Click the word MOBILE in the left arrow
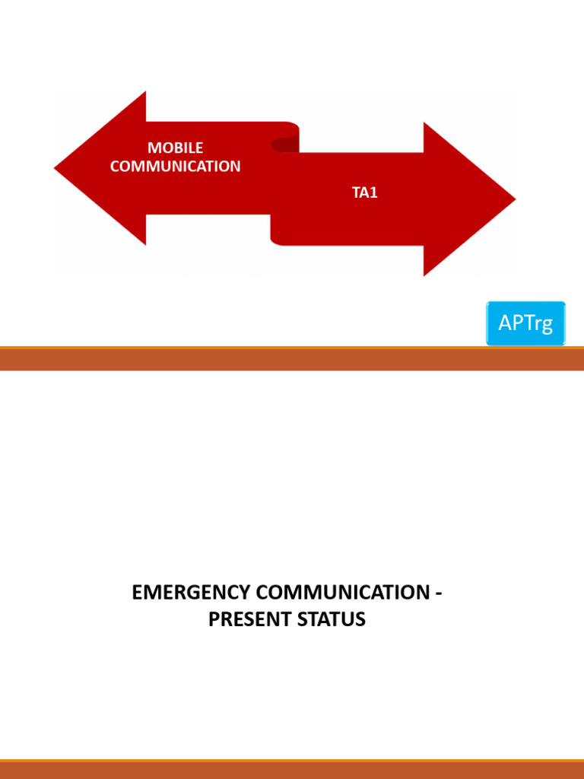175,148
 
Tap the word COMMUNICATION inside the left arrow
175,166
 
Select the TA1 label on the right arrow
364,193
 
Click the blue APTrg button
525,323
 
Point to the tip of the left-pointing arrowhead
56,168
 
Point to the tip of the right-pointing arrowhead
514,199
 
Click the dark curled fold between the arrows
286,144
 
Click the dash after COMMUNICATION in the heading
438,593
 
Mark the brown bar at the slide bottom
292,770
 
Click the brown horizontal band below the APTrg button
292,359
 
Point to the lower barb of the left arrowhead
143,240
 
